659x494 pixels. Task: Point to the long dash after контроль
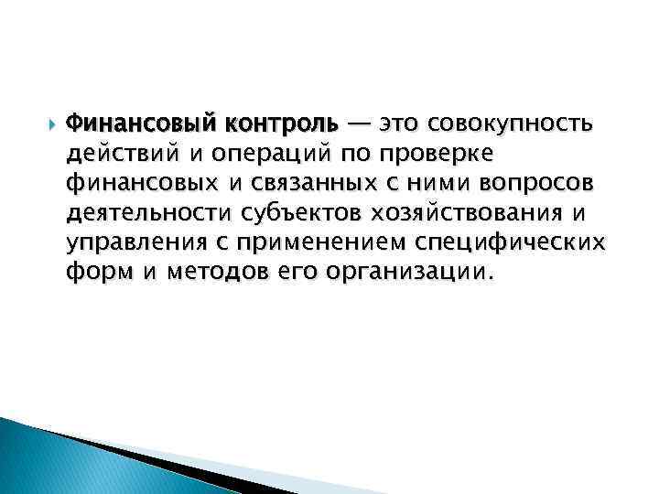(360, 123)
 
